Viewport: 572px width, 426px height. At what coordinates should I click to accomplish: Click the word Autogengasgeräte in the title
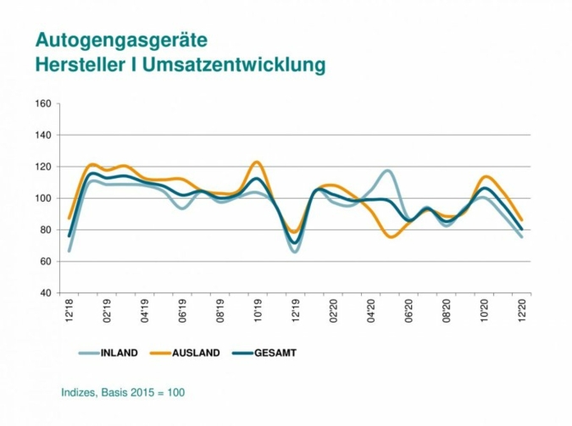click(121, 40)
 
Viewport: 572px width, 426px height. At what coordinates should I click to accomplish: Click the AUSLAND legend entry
click(195, 352)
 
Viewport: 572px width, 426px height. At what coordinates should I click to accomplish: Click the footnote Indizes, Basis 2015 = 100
click(123, 392)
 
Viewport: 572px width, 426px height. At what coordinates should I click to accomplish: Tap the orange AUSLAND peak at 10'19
click(257, 162)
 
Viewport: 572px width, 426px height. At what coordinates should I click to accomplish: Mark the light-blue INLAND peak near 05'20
click(387, 171)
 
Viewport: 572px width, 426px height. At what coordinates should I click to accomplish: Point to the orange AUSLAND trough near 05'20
click(392, 237)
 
